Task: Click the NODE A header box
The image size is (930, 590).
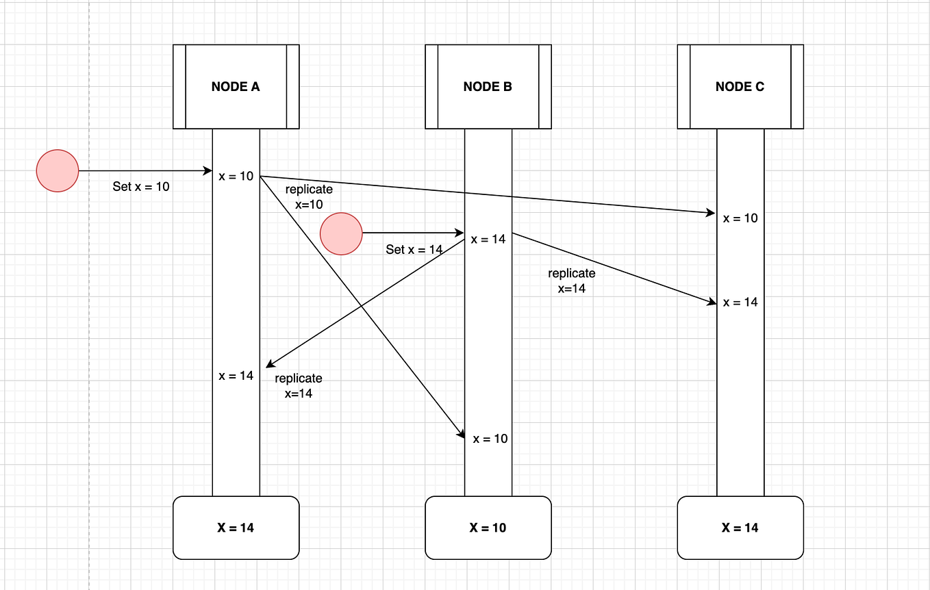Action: click(x=236, y=87)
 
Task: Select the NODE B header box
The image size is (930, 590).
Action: click(x=488, y=87)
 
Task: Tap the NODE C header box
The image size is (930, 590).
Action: click(x=740, y=87)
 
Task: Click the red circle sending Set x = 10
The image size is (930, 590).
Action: click(x=58, y=170)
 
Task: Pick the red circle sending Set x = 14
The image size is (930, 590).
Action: click(x=341, y=233)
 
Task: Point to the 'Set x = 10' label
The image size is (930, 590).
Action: click(x=141, y=186)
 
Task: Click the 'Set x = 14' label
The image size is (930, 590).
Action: click(x=414, y=250)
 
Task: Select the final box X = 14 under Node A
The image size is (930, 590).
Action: click(x=236, y=528)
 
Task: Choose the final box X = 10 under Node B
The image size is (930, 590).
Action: click(x=488, y=528)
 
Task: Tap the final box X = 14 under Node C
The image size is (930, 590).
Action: click(x=740, y=528)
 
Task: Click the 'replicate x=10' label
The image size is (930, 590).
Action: click(x=309, y=196)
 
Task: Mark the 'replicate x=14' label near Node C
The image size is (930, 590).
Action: click(x=572, y=281)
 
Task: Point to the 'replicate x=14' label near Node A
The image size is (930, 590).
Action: click(x=299, y=386)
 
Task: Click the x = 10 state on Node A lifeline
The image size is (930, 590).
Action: click(x=236, y=177)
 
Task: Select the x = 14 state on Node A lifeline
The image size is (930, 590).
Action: click(x=236, y=376)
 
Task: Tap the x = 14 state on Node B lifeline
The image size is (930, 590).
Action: click(x=488, y=239)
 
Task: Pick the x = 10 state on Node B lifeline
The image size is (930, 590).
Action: click(x=490, y=439)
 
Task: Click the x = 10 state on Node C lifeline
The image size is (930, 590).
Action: click(x=740, y=218)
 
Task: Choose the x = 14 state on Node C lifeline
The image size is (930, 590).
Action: click(x=740, y=302)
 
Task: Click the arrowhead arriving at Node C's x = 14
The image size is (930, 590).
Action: click(x=712, y=301)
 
